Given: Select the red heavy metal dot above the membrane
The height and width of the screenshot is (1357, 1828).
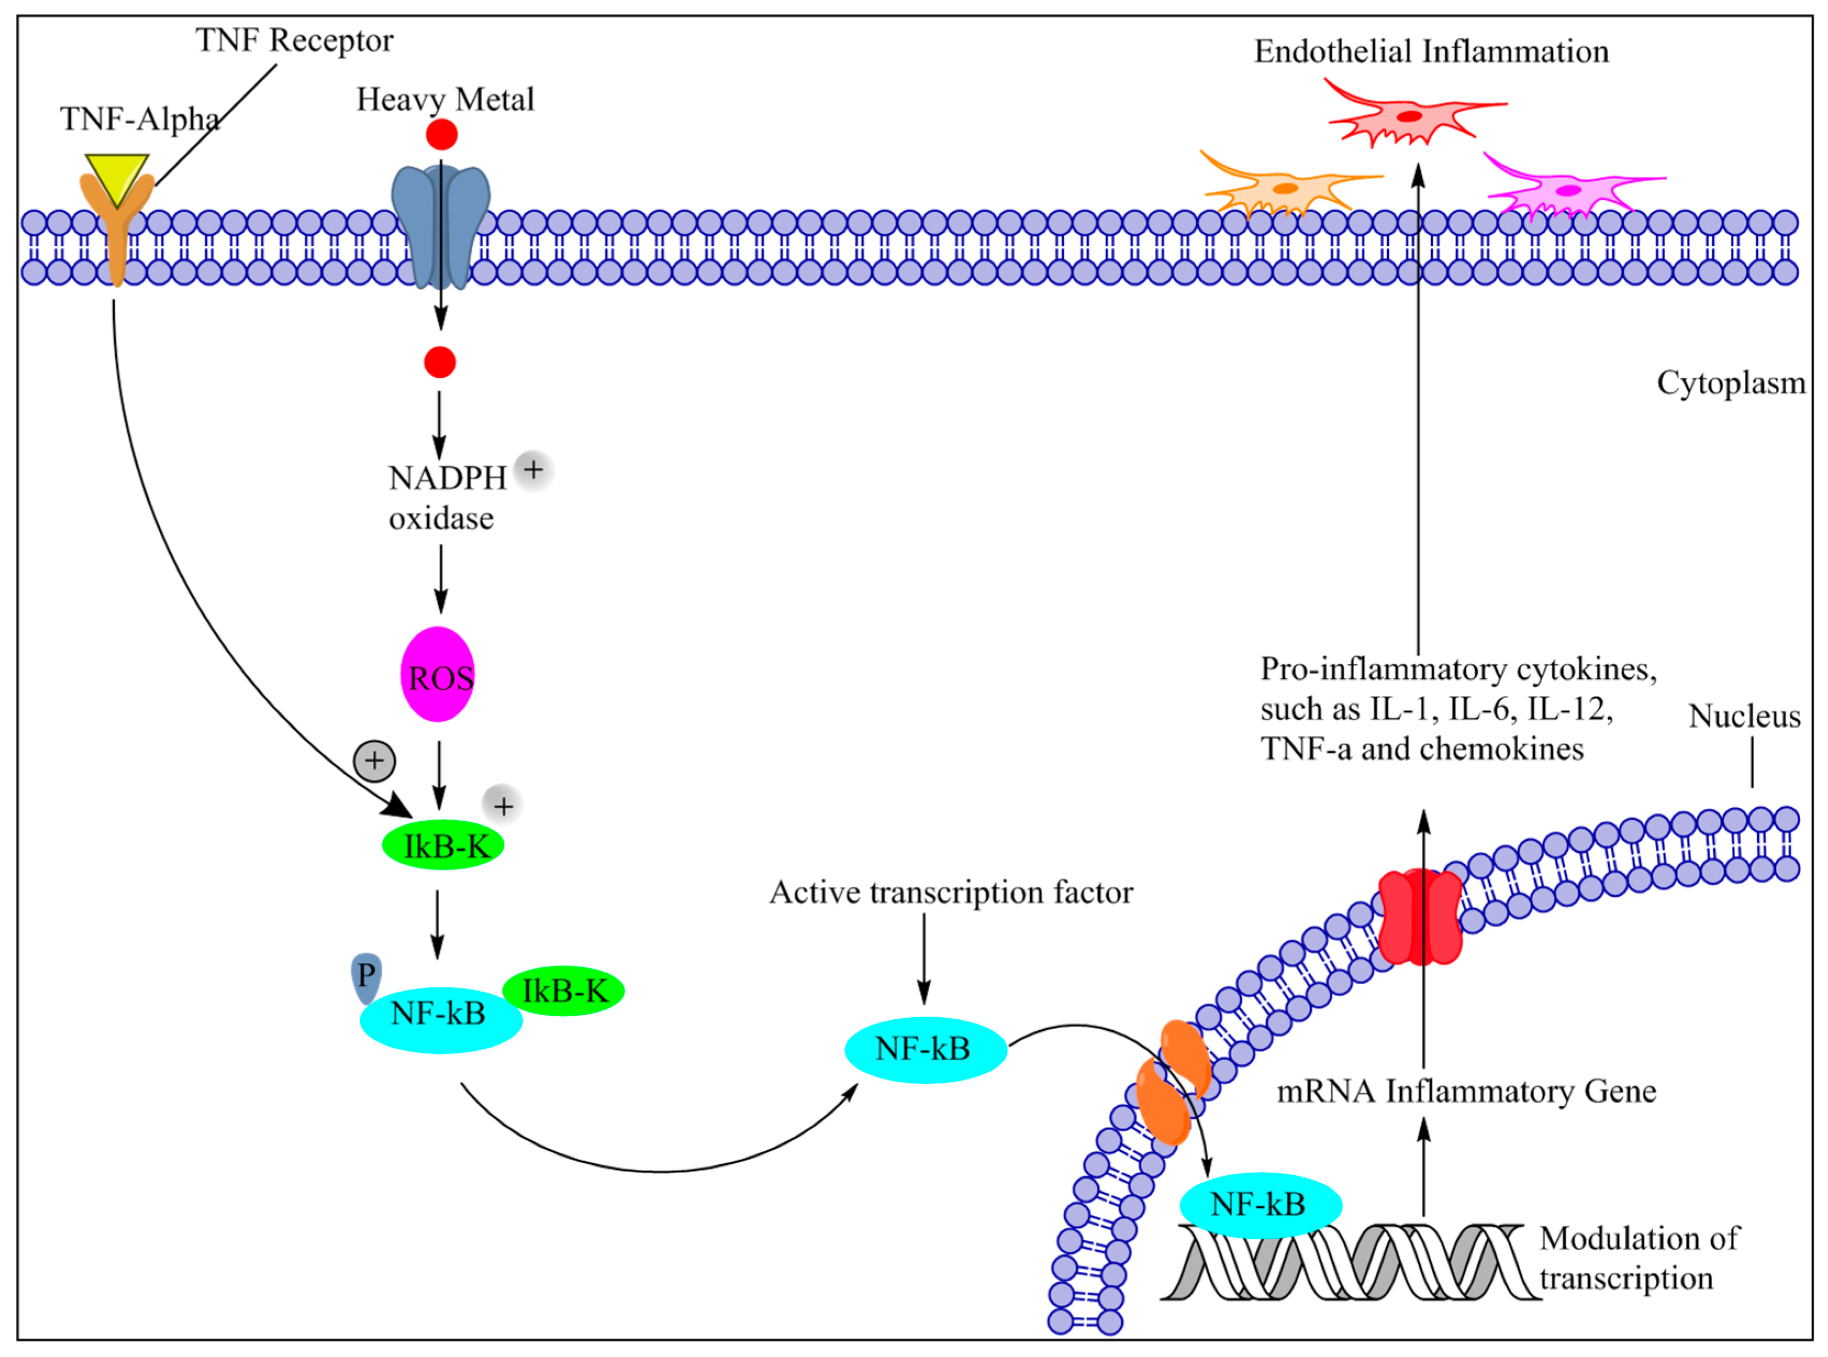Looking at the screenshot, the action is (x=442, y=135).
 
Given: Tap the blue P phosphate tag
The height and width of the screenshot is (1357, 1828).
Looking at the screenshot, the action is (x=366, y=978).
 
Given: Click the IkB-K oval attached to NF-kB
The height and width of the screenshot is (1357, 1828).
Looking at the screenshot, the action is (x=563, y=991).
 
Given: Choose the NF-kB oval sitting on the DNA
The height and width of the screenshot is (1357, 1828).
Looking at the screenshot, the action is (x=1261, y=1205).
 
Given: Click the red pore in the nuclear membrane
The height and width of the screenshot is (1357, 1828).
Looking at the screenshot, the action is (x=1420, y=917).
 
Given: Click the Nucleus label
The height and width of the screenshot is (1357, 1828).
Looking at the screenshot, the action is (x=1744, y=716).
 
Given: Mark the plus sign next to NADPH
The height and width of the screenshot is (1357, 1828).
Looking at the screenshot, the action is (x=533, y=470).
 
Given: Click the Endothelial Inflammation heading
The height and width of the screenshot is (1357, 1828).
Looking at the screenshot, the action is (x=1430, y=51).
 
